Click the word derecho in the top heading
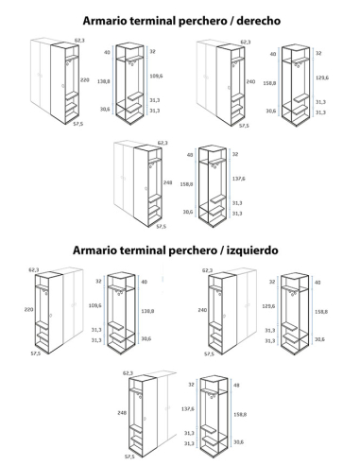coord(259,21)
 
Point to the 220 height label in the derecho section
coord(85,80)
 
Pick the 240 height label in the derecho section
coord(250,82)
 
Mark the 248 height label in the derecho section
coord(167,182)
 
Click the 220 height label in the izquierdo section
coord(29,310)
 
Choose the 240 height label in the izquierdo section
coord(202,310)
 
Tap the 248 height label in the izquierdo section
coord(122,413)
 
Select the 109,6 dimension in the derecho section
coord(156,76)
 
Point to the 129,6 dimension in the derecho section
coord(322,77)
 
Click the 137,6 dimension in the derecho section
coord(238,179)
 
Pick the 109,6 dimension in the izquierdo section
coord(95,305)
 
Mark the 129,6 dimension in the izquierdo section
coord(268,306)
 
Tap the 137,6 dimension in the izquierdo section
coord(188,409)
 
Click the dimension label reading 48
coord(236,386)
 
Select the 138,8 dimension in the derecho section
coord(104,81)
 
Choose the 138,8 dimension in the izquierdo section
coord(147,311)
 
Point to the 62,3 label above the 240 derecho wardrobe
coord(246,43)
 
